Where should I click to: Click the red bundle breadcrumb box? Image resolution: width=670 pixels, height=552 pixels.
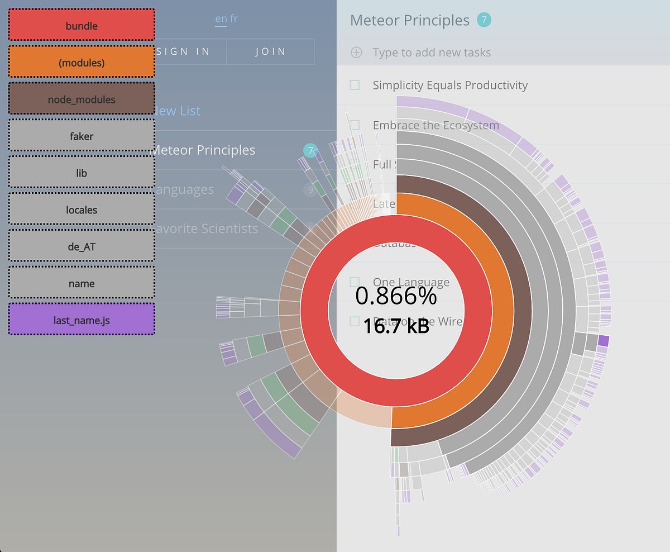pyautogui.click(x=82, y=26)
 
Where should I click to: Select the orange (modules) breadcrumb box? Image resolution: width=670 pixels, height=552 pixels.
pyautogui.click(x=82, y=63)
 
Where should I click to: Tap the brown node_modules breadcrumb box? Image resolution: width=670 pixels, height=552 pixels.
pyautogui.click(x=82, y=99)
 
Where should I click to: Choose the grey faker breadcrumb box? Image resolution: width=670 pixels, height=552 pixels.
pyautogui.click(x=82, y=136)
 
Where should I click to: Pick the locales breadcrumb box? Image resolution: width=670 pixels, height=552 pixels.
pyautogui.click(x=82, y=210)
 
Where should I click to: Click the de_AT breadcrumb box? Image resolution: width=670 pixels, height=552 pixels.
pyautogui.click(x=82, y=247)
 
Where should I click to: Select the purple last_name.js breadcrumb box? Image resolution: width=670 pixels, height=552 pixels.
pyautogui.click(x=82, y=320)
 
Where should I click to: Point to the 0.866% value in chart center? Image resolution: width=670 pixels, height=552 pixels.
pyautogui.click(x=396, y=296)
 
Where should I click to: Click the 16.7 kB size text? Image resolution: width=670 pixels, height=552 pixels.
pyautogui.click(x=396, y=326)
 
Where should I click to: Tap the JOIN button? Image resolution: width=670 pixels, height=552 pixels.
pyautogui.click(x=271, y=51)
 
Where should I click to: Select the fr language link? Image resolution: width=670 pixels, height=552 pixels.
pyautogui.click(x=234, y=18)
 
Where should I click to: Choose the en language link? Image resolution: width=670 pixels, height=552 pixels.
pyautogui.click(x=221, y=18)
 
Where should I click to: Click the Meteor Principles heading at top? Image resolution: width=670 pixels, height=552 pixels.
pyautogui.click(x=409, y=20)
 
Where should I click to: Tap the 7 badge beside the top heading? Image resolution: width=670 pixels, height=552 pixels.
pyautogui.click(x=484, y=20)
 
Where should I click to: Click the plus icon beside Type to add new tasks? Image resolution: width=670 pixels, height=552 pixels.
pyautogui.click(x=356, y=53)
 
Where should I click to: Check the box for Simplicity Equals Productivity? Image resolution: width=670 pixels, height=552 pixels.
pyautogui.click(x=355, y=85)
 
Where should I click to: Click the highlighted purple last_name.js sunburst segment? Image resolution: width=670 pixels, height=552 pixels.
pyautogui.click(x=603, y=341)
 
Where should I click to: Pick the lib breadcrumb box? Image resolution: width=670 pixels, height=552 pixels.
pyautogui.click(x=82, y=173)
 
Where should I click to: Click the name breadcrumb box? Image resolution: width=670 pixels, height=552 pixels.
pyautogui.click(x=82, y=284)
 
